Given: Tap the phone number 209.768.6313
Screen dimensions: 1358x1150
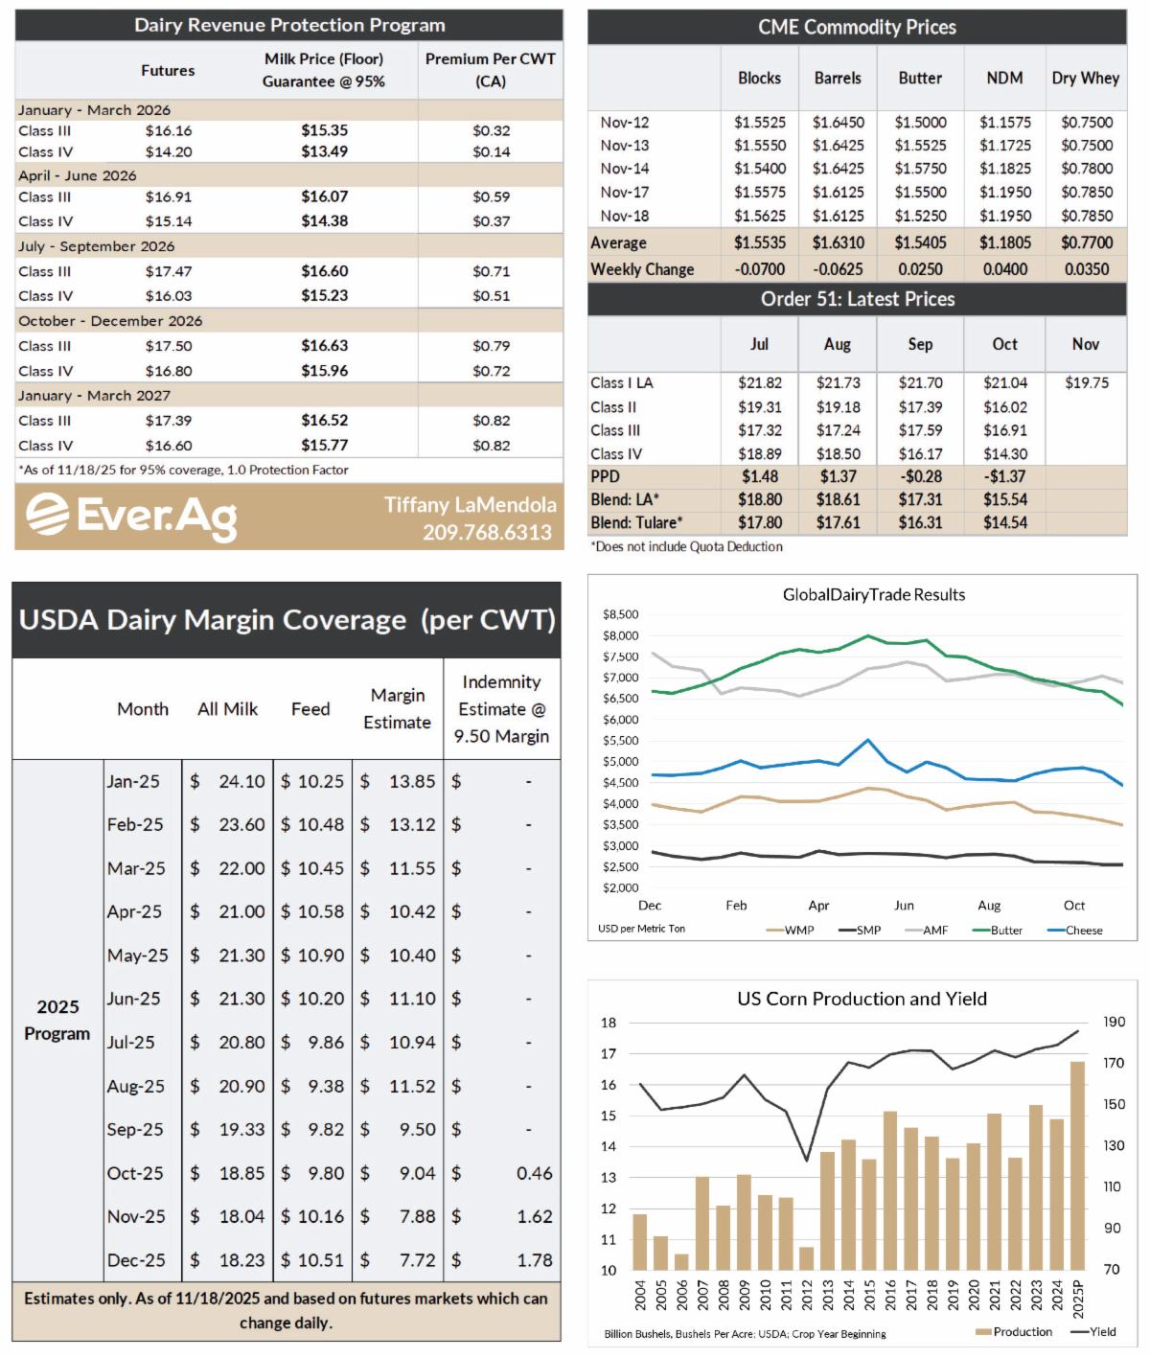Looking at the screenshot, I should pyautogui.click(x=487, y=532).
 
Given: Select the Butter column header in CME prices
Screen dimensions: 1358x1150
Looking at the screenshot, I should pyautogui.click(x=920, y=79).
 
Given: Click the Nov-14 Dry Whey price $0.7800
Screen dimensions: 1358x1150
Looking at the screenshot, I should pyautogui.click(x=1087, y=169).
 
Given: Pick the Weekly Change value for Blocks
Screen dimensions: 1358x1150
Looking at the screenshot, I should pyautogui.click(x=759, y=269).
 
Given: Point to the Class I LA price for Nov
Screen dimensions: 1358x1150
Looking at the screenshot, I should pyautogui.click(x=1087, y=382).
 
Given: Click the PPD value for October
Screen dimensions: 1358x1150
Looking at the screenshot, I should pyautogui.click(x=1004, y=476).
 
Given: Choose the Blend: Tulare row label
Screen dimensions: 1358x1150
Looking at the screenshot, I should pyautogui.click(x=636, y=522).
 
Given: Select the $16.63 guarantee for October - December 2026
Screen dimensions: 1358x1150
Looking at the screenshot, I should pyautogui.click(x=324, y=345).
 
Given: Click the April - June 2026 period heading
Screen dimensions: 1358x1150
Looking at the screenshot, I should pyautogui.click(x=78, y=175).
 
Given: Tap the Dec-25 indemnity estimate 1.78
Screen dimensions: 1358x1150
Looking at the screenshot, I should pyautogui.click(x=534, y=1260).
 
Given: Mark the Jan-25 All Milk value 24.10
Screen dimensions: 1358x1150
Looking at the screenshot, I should pyautogui.click(x=241, y=781).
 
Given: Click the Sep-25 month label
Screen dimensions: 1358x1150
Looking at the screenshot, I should pyautogui.click(x=135, y=1129).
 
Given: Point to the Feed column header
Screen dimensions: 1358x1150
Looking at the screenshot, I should pyautogui.click(x=310, y=709).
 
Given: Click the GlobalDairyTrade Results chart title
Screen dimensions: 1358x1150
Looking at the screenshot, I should pyautogui.click(x=874, y=594).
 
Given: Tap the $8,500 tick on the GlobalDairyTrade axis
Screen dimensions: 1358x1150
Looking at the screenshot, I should pyautogui.click(x=620, y=614).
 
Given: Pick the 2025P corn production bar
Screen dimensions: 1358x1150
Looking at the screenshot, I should pyautogui.click(x=1078, y=1165).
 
